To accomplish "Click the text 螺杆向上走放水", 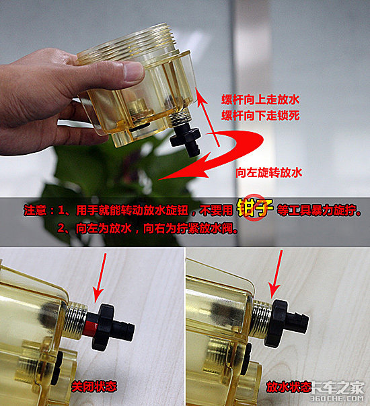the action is pyautogui.click(x=260, y=100).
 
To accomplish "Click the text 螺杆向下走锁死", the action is pyautogui.click(x=260, y=115).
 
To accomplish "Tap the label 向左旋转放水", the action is pyautogui.click(x=268, y=172).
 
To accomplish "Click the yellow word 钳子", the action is pyautogui.click(x=255, y=207).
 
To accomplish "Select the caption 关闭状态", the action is pyautogui.click(x=94, y=386).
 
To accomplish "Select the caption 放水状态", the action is pyautogui.click(x=289, y=387).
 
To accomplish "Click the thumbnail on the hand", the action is pyautogui.click(x=133, y=71).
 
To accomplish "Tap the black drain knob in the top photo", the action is pyautogui.click(x=186, y=139).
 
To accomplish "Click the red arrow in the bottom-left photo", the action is pyautogui.click(x=100, y=277).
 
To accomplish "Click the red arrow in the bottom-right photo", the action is pyautogui.click(x=276, y=275).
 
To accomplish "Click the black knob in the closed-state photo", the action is pyautogui.click(x=113, y=327).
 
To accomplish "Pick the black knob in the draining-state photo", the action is pyautogui.click(x=285, y=323).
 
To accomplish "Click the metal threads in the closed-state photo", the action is pyautogui.click(x=76, y=320).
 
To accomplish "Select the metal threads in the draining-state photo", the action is pyautogui.click(x=261, y=316).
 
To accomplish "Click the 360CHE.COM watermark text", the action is pyautogui.click(x=337, y=399).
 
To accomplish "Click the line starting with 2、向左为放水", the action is pyautogui.click(x=147, y=228).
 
